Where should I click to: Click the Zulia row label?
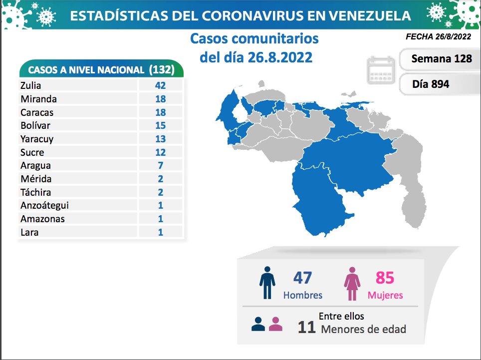(x=31, y=85)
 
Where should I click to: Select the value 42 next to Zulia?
(x=160, y=85)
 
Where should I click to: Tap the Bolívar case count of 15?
(x=160, y=125)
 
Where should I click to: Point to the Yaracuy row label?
(x=37, y=139)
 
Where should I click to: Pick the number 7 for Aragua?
(x=160, y=165)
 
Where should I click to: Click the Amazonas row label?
(x=42, y=219)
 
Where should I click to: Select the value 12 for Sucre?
(x=160, y=152)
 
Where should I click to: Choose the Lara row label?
(x=29, y=232)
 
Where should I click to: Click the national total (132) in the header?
(x=162, y=69)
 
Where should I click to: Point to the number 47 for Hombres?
(x=303, y=278)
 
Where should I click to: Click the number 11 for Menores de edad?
(x=306, y=328)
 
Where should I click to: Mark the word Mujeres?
(x=385, y=295)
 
